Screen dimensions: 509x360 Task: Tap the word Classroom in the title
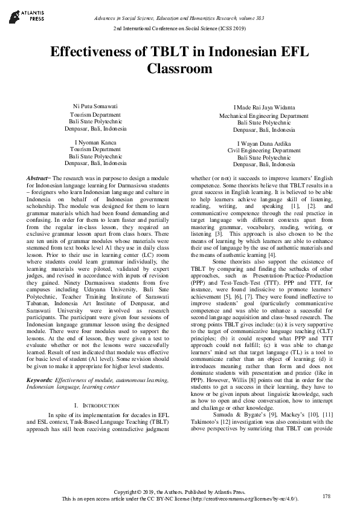(179, 69)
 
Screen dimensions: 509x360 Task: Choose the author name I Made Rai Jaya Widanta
(264, 108)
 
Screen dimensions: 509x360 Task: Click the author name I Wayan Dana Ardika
(264, 143)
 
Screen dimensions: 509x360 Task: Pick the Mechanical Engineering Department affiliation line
(264, 115)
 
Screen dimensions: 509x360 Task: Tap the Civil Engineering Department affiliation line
(264, 150)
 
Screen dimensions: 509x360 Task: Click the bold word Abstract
(38, 180)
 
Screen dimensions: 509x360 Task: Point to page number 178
(327, 496)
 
